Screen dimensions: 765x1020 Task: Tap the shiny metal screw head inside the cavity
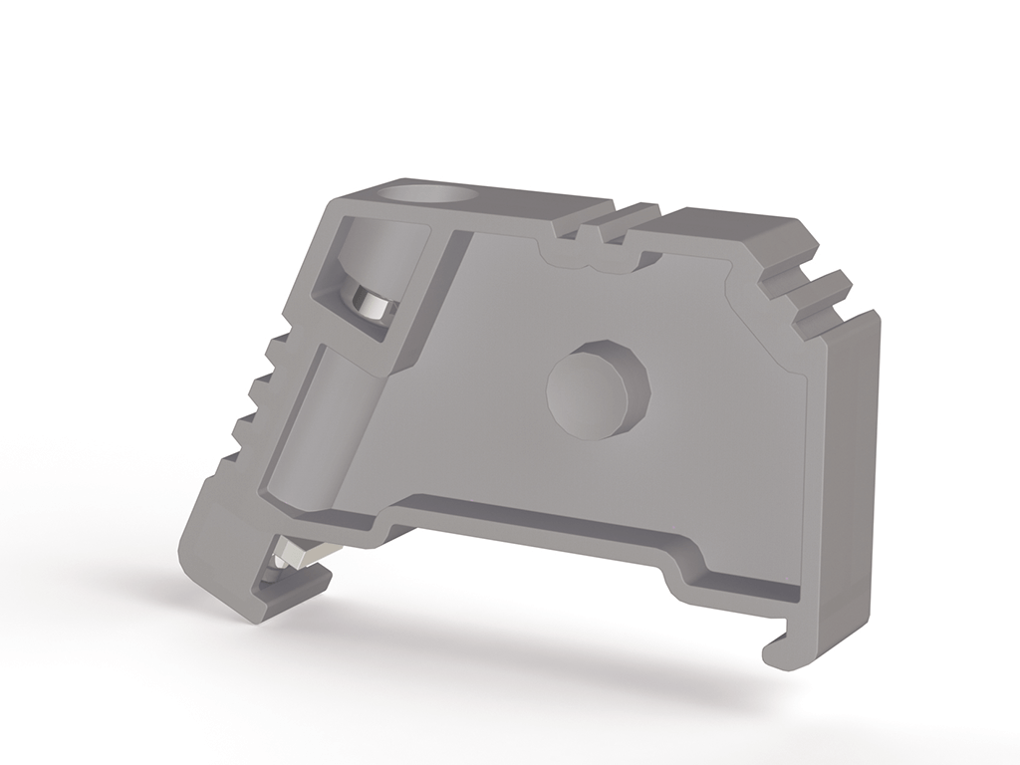click(372, 304)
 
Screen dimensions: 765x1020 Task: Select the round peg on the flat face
click(598, 389)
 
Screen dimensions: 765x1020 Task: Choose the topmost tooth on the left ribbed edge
click(278, 348)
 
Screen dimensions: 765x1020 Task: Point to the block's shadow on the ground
click(518, 657)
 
